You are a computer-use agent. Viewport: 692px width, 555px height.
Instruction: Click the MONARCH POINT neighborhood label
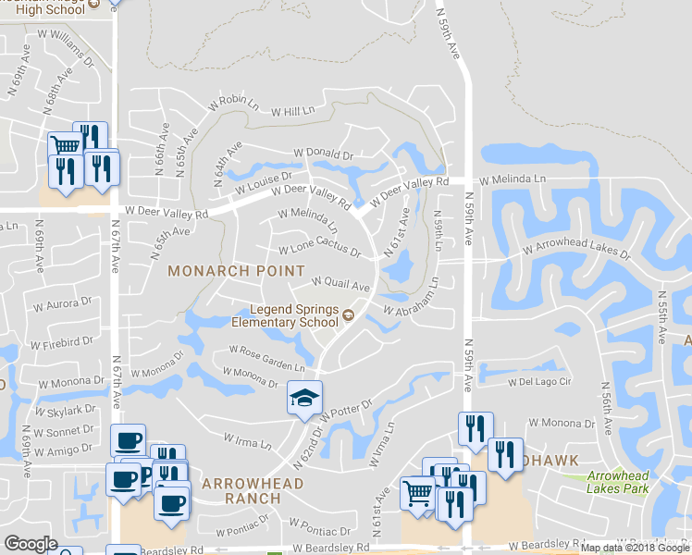coord(236,271)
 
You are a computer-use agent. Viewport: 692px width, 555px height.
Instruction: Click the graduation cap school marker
coord(304,398)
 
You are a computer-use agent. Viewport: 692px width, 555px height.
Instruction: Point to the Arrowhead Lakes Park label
coord(618,482)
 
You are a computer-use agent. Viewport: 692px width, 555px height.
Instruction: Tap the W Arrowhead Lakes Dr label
coord(575,249)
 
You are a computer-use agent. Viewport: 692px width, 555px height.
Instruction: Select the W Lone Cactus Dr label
coord(319,251)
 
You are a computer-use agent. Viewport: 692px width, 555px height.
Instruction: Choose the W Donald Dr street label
coord(323,154)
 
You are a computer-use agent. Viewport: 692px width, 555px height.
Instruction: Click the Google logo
coord(31,544)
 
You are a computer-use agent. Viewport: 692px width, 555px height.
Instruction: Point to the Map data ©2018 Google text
coord(635,548)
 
